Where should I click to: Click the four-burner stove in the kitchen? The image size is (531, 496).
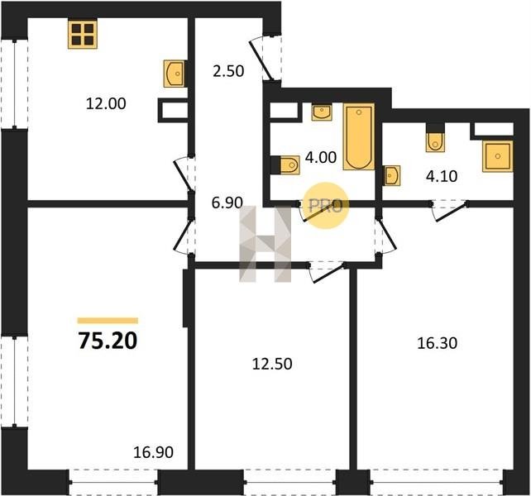pyautogui.click(x=83, y=34)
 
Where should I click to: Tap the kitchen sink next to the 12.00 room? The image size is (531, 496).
pyautogui.click(x=175, y=74)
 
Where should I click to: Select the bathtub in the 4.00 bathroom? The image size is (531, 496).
pyautogui.click(x=359, y=136)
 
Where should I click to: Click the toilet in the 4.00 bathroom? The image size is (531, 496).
pyautogui.click(x=285, y=165)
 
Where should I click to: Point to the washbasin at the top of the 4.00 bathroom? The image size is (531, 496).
pyautogui.click(x=322, y=112)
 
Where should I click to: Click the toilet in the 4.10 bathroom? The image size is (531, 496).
pyautogui.click(x=435, y=138)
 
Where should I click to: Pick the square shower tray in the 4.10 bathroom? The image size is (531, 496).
pyautogui.click(x=497, y=156)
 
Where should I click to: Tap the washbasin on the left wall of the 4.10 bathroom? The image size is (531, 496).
pyautogui.click(x=391, y=176)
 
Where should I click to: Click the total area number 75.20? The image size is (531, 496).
pyautogui.click(x=108, y=341)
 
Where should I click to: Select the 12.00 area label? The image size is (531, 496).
pyautogui.click(x=106, y=103)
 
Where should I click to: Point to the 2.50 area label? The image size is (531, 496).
pyautogui.click(x=228, y=71)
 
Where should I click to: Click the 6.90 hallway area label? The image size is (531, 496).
pyautogui.click(x=227, y=203)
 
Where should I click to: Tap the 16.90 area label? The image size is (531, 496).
pyautogui.click(x=153, y=452)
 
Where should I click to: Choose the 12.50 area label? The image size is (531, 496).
pyautogui.click(x=272, y=364)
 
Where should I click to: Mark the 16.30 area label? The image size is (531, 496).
pyautogui.click(x=438, y=343)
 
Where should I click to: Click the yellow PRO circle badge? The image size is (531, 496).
pyautogui.click(x=325, y=206)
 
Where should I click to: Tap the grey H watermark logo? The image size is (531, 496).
pyautogui.click(x=265, y=244)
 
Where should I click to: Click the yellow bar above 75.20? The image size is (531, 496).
pyautogui.click(x=108, y=321)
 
